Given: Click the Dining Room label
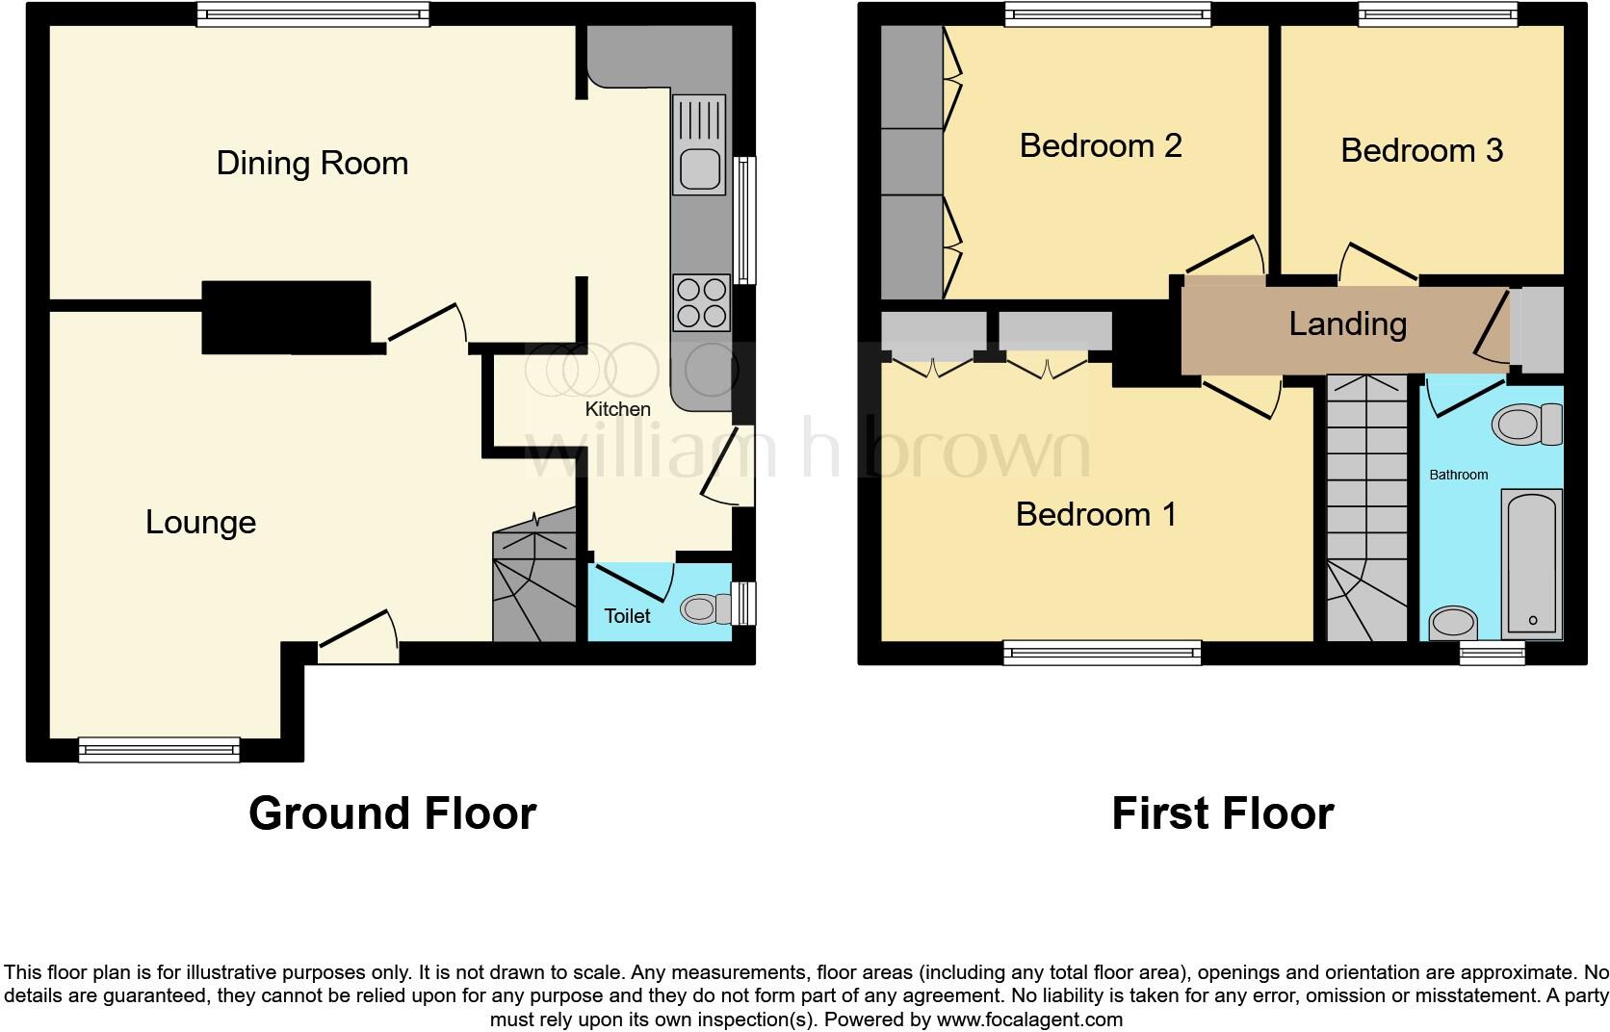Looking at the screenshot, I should pos(312,163).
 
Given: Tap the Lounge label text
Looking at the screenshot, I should pos(200,522).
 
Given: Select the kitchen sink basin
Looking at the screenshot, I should pos(699,170).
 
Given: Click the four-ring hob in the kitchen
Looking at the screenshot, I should pos(700,302).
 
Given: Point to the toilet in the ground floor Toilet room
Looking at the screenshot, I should pos(705,608).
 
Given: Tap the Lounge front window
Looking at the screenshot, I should pos(159,748).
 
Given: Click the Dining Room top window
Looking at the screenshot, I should pos(313,13).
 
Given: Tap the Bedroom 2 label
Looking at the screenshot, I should pos(1101,145).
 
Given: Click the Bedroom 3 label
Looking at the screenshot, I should pos(1421,150).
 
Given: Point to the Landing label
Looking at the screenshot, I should pos(1347,323).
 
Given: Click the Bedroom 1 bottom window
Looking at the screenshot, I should pos(1102,653).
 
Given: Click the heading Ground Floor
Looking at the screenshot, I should pos(392,813).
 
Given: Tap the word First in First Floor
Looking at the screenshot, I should pos(1160,813).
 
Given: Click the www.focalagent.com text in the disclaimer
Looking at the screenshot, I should pos(1028,1019).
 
